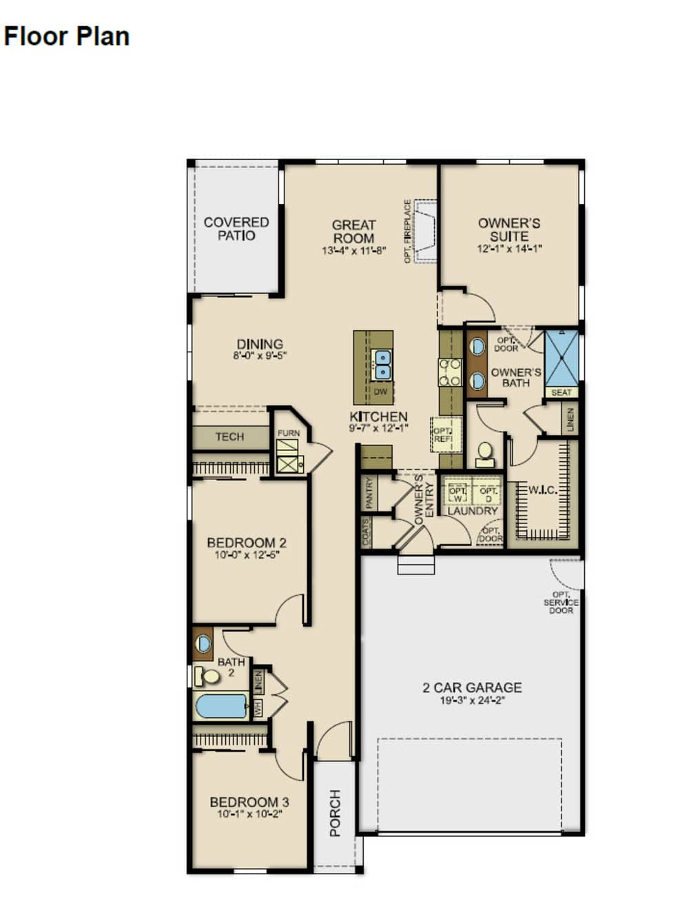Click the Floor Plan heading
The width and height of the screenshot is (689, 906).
click(x=67, y=36)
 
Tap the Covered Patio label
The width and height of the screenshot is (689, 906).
click(x=236, y=229)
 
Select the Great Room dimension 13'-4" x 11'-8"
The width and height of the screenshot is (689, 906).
click(x=353, y=251)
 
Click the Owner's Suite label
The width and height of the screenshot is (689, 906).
click(x=509, y=230)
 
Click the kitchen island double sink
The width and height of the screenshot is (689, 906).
click(x=381, y=365)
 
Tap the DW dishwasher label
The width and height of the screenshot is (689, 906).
click(x=380, y=392)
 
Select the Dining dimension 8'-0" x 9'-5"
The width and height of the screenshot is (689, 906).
click(x=260, y=356)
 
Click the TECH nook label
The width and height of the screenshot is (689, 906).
click(x=229, y=436)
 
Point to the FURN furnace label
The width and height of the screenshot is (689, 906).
click(x=289, y=433)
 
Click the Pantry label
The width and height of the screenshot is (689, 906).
click(x=369, y=492)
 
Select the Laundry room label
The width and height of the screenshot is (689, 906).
click(x=472, y=511)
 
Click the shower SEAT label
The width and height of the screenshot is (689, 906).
click(x=562, y=392)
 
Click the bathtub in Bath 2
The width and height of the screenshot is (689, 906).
click(x=221, y=706)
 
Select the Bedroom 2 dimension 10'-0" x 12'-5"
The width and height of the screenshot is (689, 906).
click(x=247, y=554)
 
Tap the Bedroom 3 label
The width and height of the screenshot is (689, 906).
click(x=249, y=802)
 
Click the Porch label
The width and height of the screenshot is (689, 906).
click(x=336, y=814)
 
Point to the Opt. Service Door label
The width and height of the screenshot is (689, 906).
click(x=561, y=603)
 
